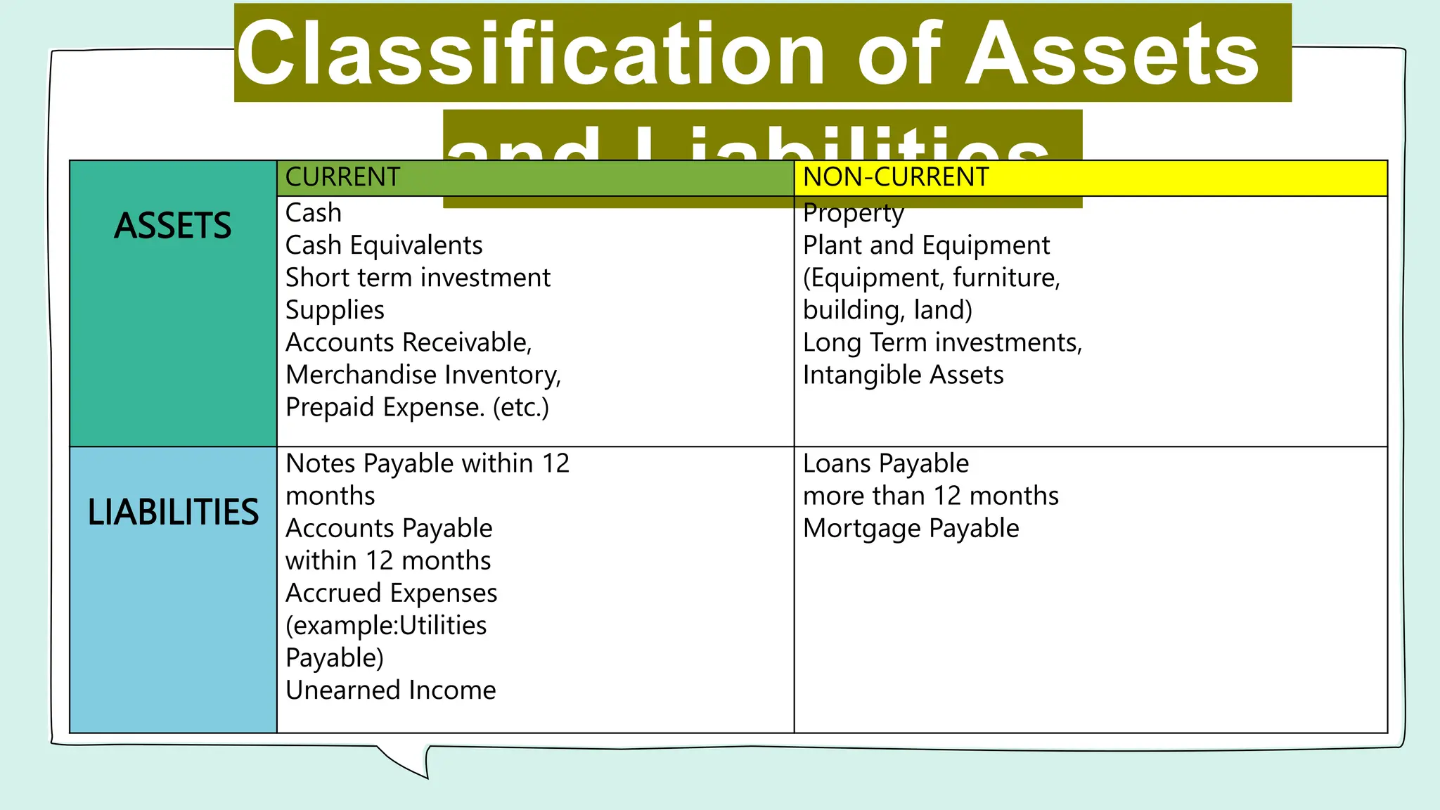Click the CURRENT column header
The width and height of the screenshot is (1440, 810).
point(342,177)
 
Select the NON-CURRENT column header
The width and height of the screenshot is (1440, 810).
point(896,177)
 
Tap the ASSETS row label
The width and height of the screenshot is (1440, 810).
point(172,226)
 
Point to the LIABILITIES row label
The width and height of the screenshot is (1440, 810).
point(173,512)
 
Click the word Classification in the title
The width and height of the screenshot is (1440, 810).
point(530,54)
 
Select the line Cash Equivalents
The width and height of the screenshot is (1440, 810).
point(384,245)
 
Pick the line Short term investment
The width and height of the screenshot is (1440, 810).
point(418,278)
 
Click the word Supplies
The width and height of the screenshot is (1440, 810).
point(335,310)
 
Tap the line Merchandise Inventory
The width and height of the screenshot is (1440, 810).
point(423,375)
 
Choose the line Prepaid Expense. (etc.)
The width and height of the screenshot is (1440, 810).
point(417,407)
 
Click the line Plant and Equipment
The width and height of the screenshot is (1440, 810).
point(926,245)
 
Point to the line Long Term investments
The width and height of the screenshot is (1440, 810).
point(942,342)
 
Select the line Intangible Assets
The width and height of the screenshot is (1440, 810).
point(903,375)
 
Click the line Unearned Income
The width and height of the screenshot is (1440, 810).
point(390,690)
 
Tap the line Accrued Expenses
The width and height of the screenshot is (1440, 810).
point(391,593)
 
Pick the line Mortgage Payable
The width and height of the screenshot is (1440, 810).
point(911,528)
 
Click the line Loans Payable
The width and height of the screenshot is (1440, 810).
point(886,463)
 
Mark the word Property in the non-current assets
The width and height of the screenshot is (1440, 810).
point(853,213)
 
